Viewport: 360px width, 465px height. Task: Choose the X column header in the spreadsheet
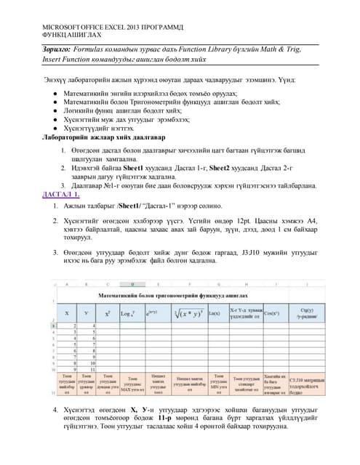coord(68,312)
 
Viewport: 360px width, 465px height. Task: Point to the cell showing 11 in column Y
coord(85,369)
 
